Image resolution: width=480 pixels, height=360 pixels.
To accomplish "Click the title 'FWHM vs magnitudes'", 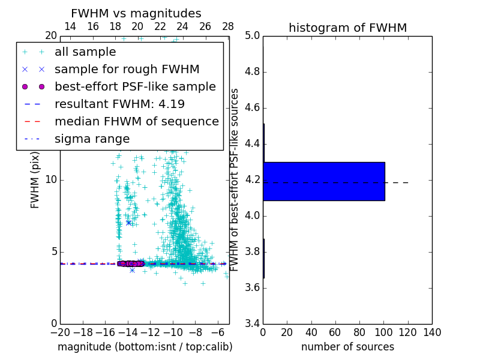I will [136, 13].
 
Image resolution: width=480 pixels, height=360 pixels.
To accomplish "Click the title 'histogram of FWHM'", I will [347, 28].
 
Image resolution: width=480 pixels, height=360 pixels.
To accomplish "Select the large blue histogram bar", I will [323, 181].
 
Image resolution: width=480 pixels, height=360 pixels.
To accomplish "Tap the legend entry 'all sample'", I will [85, 52].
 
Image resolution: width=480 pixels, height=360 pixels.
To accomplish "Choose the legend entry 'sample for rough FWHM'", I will [127, 70].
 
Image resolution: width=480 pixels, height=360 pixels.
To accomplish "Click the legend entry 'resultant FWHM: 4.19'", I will [119, 104].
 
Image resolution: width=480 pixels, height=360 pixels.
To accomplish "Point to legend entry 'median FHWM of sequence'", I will [136, 122].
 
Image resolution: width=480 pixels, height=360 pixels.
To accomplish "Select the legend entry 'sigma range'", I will [92, 139].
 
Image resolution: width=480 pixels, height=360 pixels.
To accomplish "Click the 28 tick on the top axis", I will [228, 26].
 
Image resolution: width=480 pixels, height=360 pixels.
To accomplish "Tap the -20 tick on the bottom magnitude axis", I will [60, 332].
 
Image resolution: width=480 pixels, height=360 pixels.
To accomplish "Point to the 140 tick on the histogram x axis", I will [432, 332].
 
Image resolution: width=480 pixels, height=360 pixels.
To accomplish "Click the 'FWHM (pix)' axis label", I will [35, 179].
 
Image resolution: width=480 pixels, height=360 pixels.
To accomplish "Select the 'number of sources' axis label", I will [347, 347].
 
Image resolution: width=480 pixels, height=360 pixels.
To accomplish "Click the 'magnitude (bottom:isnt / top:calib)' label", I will [145, 347].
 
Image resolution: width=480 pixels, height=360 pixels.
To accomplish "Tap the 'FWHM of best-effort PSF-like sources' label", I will [235, 179].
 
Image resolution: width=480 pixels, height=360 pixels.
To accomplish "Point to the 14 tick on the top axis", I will [70, 26].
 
